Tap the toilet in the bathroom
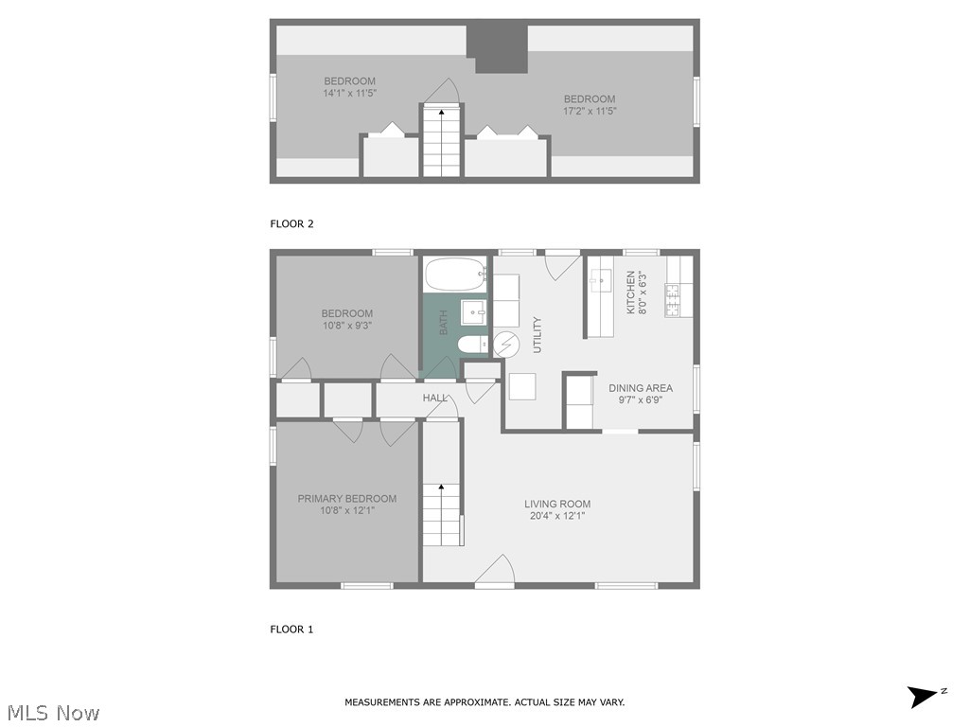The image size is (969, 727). tap(471, 345)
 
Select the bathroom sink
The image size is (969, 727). tap(473, 310)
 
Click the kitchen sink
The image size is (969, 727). tap(601, 280)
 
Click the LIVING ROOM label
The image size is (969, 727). tap(557, 504)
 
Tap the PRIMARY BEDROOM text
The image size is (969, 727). tap(347, 499)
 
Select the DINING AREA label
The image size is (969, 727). tap(641, 388)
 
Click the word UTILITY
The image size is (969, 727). tap(537, 334)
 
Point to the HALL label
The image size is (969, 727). tap(435, 399)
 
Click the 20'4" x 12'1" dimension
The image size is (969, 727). tap(557, 517)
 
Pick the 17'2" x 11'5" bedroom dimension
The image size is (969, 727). tap(590, 111)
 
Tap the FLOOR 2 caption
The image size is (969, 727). tap(291, 224)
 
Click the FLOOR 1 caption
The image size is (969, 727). tap(291, 629)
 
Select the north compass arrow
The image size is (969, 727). tap(923, 697)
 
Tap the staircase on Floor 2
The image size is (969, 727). tap(441, 142)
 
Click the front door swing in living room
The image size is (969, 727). tap(496, 570)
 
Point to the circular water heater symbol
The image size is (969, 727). tap(506, 345)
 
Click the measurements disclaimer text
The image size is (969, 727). tap(484, 702)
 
